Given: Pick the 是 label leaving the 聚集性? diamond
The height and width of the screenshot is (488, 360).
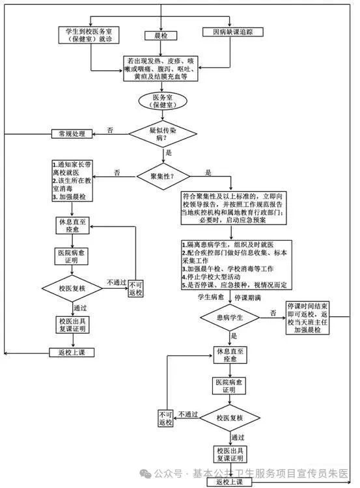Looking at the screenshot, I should click(x=208, y=172).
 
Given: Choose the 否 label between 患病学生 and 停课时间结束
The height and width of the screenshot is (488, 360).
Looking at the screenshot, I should click(x=273, y=312).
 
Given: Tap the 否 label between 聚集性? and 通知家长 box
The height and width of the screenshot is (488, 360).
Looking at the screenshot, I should click(x=117, y=172).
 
